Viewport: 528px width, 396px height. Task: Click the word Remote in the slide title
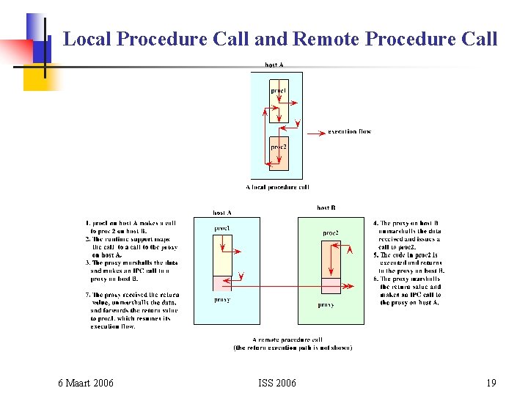click(327, 39)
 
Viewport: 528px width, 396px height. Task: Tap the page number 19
click(491, 383)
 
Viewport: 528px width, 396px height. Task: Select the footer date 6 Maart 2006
click(86, 383)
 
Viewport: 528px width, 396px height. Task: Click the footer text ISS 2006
click(277, 383)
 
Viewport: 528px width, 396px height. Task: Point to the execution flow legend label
click(349, 132)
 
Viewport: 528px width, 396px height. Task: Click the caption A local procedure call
click(278, 187)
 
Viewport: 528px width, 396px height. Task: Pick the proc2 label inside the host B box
click(331, 233)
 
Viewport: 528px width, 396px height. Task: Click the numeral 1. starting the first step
click(88, 223)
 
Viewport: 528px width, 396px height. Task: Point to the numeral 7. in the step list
click(88, 295)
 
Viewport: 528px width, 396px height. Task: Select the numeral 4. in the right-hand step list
click(376, 223)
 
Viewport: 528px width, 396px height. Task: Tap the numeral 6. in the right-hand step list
click(376, 279)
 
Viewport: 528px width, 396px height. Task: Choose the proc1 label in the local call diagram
click(279, 91)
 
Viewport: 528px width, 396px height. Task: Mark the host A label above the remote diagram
click(222, 213)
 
